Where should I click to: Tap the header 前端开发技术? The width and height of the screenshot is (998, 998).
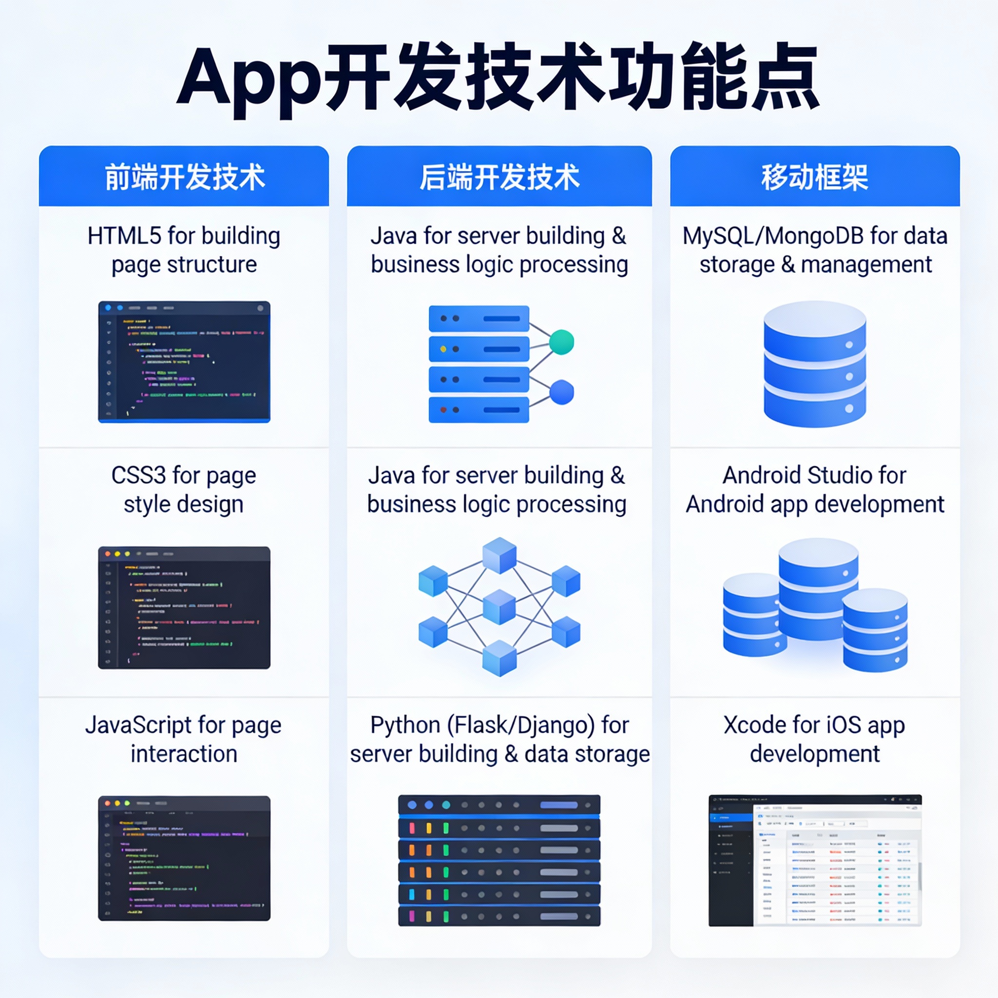click(184, 177)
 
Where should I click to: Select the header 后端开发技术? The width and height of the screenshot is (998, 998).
click(499, 177)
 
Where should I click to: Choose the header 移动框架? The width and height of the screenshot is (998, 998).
click(815, 177)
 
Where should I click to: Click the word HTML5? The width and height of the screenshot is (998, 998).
click(123, 236)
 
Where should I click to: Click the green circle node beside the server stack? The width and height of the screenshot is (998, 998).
click(561, 342)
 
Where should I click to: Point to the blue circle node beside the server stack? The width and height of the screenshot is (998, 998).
click(561, 393)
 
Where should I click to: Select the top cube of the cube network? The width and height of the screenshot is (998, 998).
click(499, 556)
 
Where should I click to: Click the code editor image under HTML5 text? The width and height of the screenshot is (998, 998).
click(184, 362)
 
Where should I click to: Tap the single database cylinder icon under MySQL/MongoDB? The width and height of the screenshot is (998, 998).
click(815, 364)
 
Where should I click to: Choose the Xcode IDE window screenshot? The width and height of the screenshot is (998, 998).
click(815, 860)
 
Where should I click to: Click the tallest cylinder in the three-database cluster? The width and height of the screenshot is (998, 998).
click(818, 589)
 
